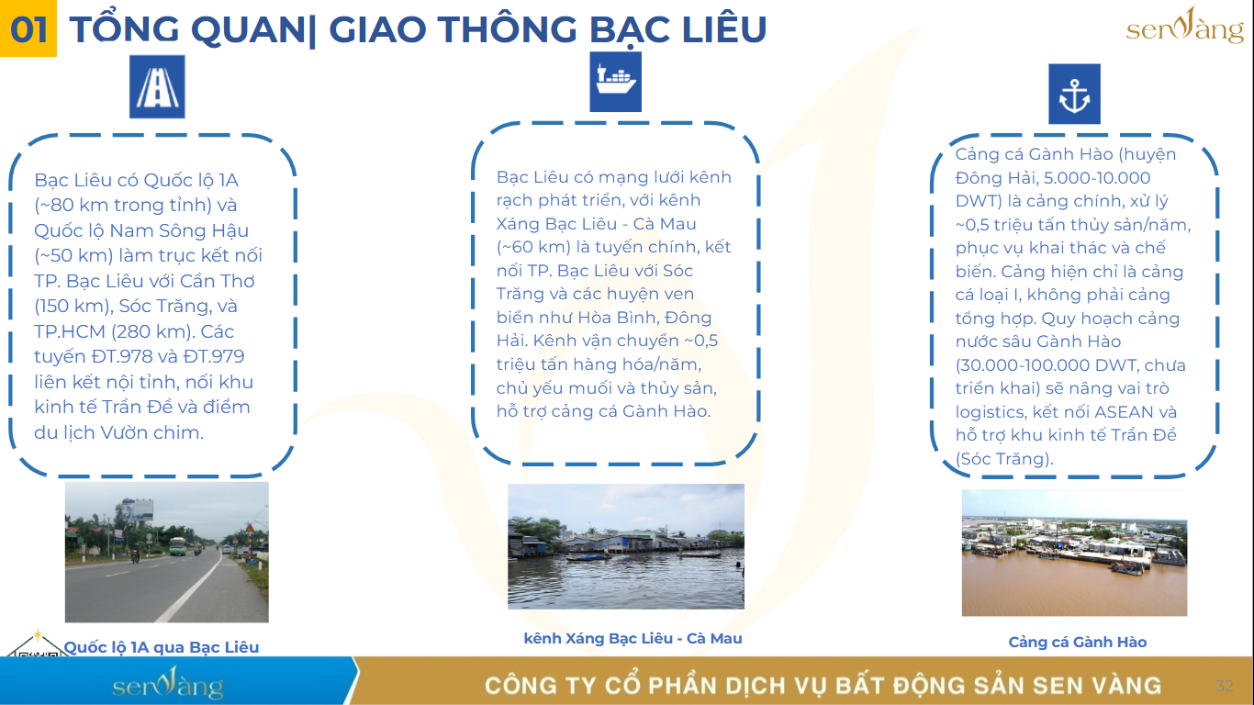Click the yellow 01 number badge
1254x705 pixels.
coord(28,28)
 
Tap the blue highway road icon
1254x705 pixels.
coord(157,86)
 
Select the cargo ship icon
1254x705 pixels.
coord(615,82)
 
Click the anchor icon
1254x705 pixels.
coord(1074,94)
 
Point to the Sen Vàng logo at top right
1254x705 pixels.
coord(1184,27)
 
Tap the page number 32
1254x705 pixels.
coord(1225,686)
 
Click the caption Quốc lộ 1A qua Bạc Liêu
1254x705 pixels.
coord(162,647)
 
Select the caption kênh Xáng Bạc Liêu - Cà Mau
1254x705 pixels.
coord(633,638)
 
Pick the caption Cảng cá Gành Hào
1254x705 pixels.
coord(1078,643)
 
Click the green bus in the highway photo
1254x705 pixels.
coord(177,546)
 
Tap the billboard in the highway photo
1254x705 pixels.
coord(137,510)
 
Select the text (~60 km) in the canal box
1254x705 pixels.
coord(533,247)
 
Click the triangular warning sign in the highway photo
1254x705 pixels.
coord(249,528)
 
